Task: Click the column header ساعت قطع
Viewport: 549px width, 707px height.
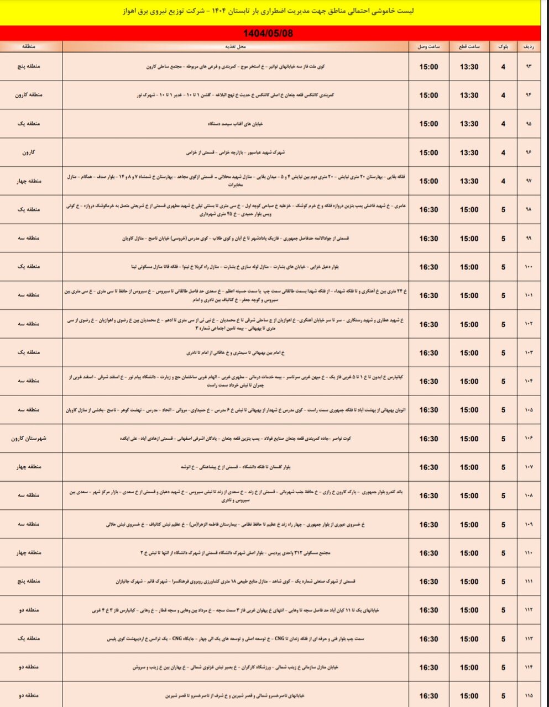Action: click(469, 47)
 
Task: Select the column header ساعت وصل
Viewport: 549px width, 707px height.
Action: click(428, 47)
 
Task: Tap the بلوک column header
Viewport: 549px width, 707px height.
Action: click(503, 47)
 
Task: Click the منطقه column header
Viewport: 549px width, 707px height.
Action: click(31, 47)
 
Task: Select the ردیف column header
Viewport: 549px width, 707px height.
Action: click(528, 47)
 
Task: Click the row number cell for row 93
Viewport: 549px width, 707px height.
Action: click(528, 67)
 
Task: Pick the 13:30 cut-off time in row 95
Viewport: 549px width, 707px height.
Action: click(469, 124)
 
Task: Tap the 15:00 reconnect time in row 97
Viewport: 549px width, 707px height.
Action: click(428, 181)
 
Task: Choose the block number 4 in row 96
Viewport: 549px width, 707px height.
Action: click(503, 152)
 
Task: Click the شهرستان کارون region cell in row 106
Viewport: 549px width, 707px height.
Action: click(31, 439)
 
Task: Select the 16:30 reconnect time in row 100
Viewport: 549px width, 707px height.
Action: click(428, 267)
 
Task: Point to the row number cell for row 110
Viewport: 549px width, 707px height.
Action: click(528, 553)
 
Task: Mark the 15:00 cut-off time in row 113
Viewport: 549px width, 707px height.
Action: click(469, 639)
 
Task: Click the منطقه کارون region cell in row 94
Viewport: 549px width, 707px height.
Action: click(31, 95)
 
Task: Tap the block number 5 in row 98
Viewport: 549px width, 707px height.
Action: click(503, 210)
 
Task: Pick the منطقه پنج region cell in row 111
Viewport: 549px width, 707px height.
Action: click(31, 582)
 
